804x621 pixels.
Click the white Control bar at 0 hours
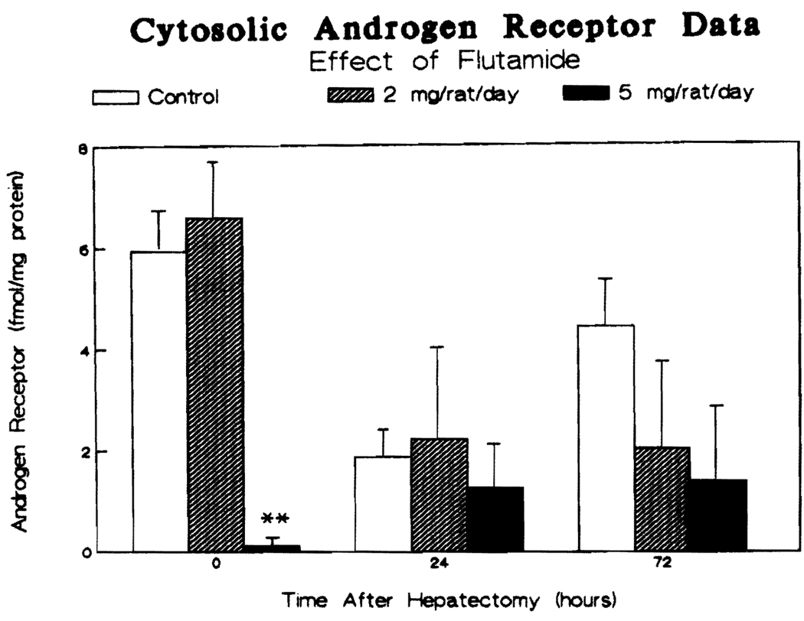(159, 402)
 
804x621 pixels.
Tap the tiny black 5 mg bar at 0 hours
(272, 548)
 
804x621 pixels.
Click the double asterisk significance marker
(275, 519)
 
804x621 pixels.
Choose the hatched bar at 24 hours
(439, 495)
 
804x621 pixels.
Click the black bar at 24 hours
(495, 519)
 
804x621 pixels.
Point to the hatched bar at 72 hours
(662, 499)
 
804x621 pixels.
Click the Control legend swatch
(117, 98)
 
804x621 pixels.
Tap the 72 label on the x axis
(662, 567)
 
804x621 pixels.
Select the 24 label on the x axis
(440, 567)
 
